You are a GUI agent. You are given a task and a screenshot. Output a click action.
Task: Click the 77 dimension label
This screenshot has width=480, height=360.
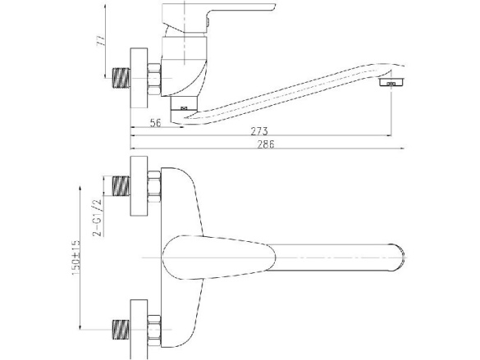click(x=101, y=40)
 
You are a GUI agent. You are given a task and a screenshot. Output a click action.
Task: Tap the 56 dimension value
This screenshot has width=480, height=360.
click(x=155, y=123)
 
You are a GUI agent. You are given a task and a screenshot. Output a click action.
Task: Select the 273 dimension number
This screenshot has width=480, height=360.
click(x=259, y=131)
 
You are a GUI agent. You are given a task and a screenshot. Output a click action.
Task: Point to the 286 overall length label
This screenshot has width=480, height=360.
click(x=266, y=144)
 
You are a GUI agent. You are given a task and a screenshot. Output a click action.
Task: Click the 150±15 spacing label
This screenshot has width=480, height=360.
click(x=76, y=257)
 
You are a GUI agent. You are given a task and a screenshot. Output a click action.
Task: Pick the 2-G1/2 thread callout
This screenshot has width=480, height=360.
click(x=97, y=217)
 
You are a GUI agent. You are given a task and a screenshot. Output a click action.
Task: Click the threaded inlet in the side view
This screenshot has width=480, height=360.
click(x=121, y=78)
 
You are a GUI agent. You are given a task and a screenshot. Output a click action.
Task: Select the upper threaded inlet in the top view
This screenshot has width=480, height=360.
click(x=121, y=185)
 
